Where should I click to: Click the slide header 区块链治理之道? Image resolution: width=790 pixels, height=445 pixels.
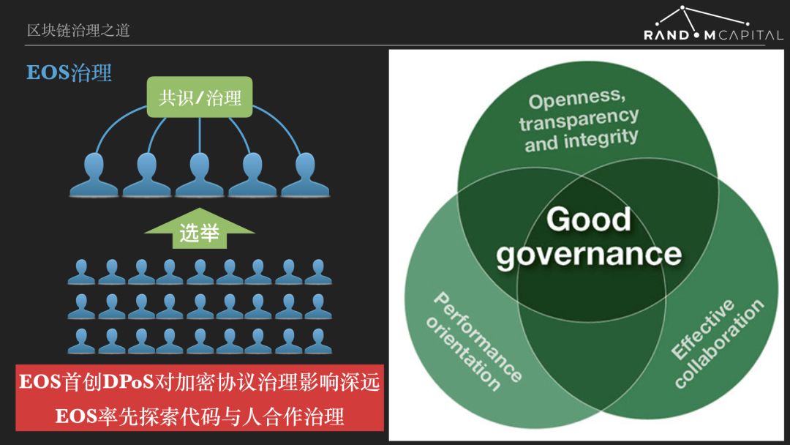click(x=78, y=30)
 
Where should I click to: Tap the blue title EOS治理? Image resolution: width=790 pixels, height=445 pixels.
click(x=69, y=72)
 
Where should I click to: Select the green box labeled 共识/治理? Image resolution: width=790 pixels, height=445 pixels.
click(x=200, y=97)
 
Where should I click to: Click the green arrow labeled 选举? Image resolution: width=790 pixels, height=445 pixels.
click(x=200, y=228)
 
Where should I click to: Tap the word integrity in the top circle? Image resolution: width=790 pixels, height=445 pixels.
click(x=601, y=138)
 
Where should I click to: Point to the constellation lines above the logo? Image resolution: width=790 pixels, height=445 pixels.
click(x=702, y=18)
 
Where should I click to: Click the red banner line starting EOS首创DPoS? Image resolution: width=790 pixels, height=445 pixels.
click(x=200, y=382)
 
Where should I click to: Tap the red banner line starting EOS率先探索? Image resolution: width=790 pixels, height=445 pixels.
click(x=200, y=416)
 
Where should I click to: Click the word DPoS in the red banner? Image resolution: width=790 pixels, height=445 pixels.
click(x=128, y=382)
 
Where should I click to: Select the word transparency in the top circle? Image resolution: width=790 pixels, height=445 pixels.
click(x=579, y=120)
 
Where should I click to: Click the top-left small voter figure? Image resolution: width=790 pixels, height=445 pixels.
click(x=81, y=272)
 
